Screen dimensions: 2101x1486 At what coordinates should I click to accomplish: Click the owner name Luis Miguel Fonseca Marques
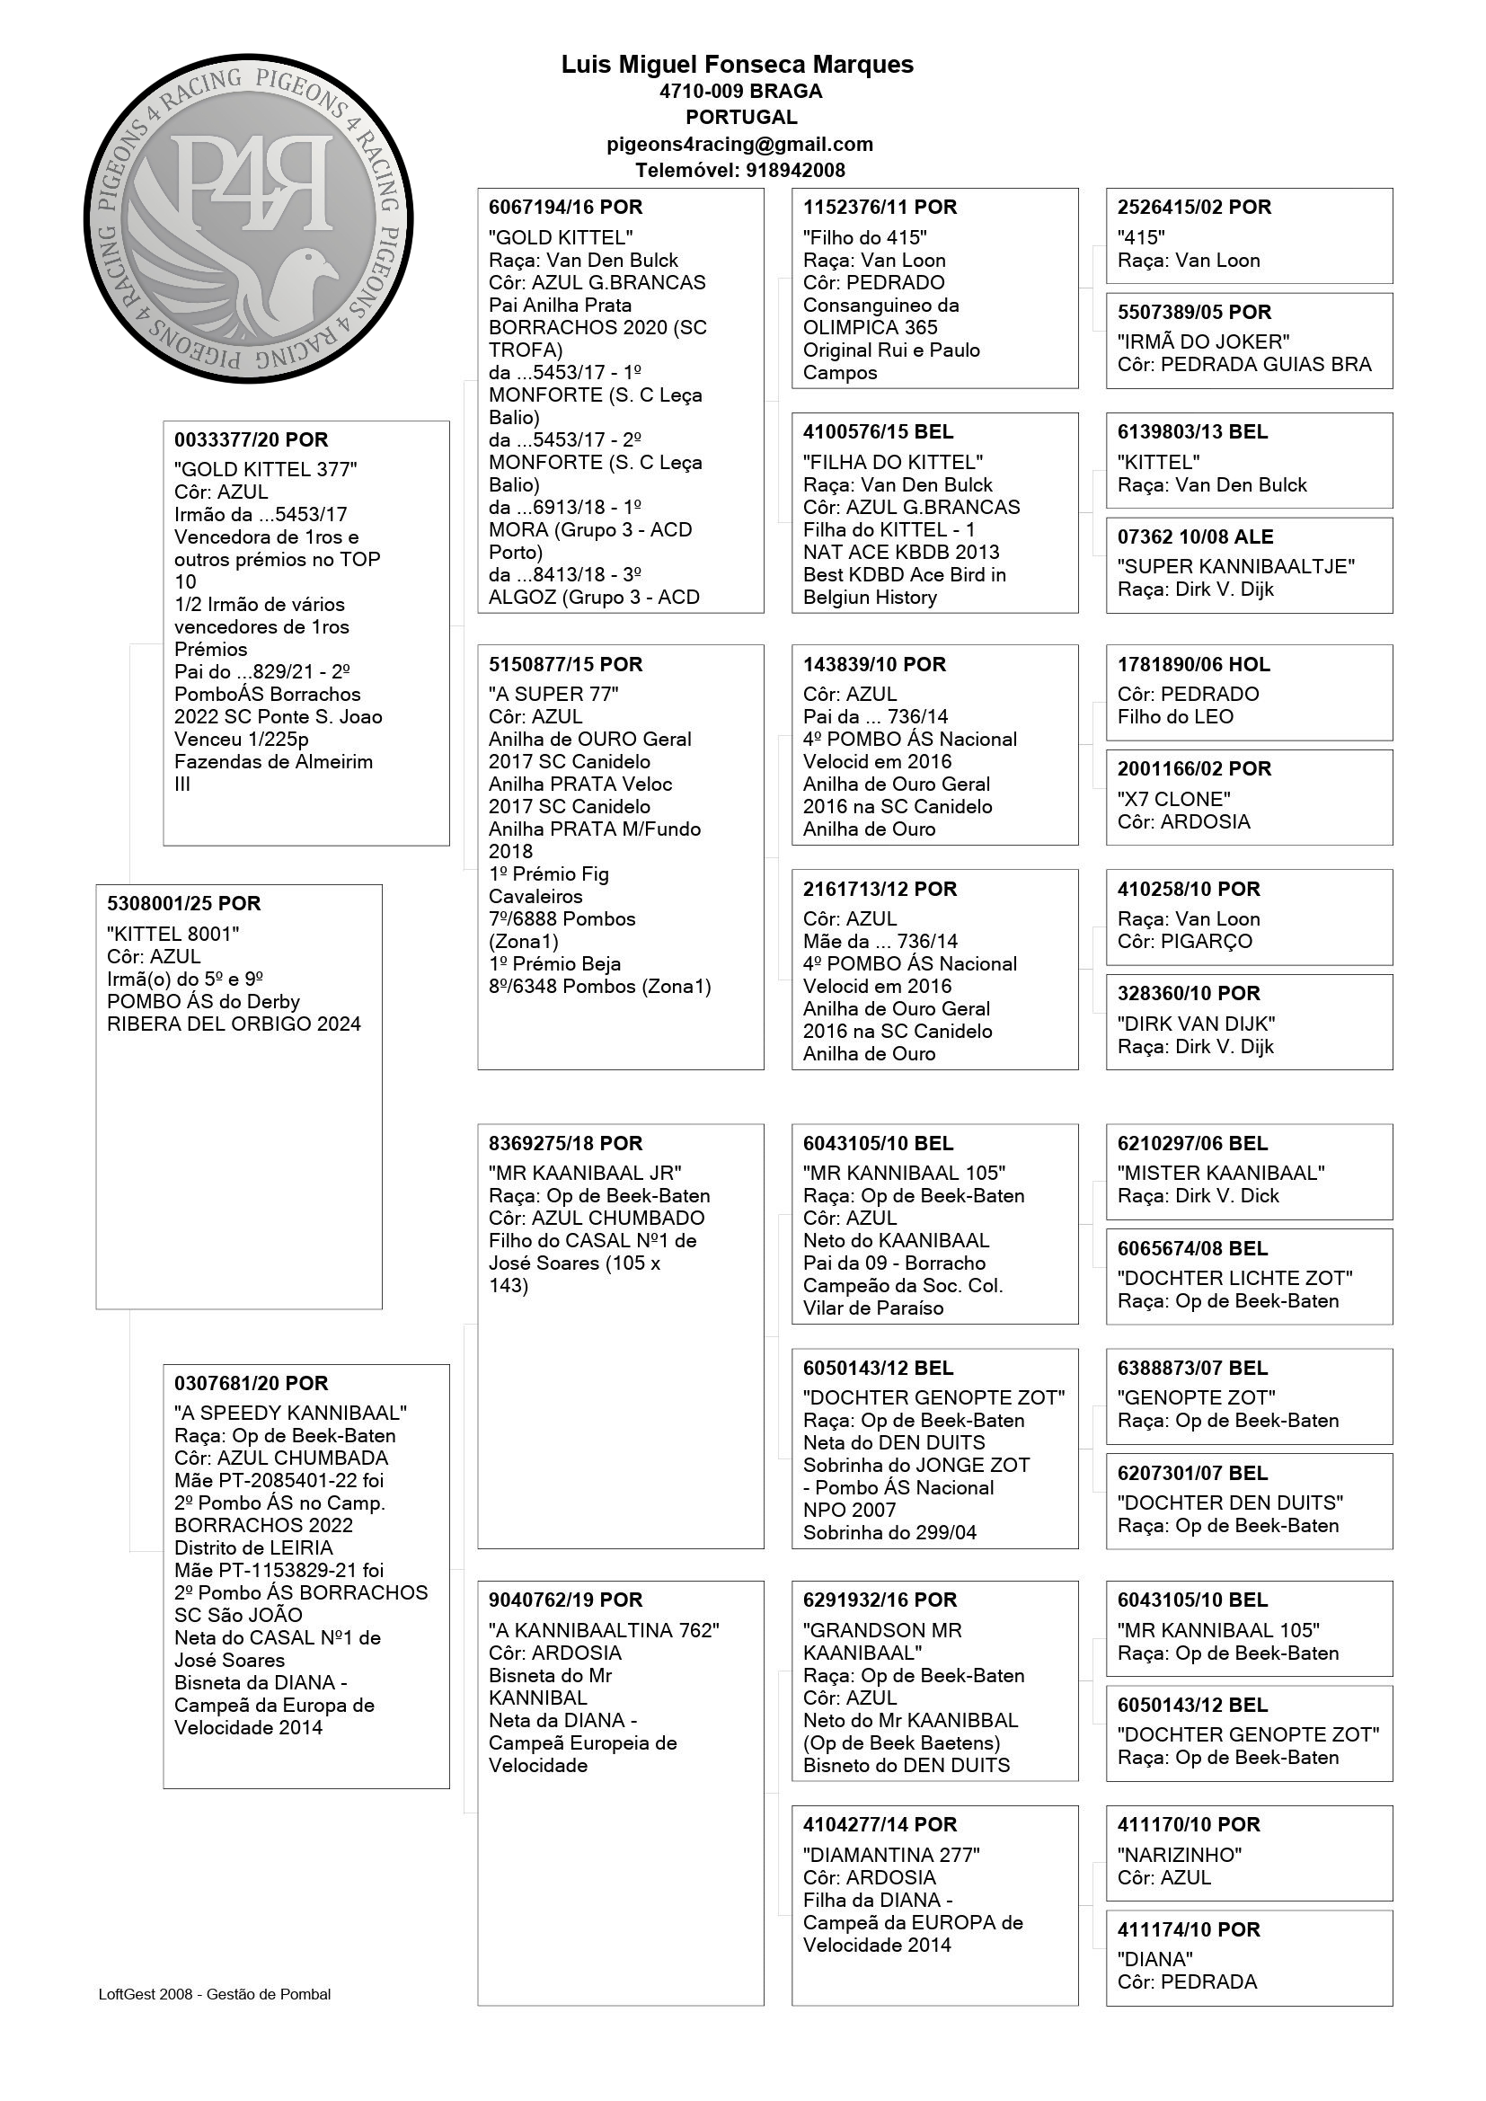click(737, 65)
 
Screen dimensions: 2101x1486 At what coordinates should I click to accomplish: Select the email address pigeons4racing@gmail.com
click(739, 144)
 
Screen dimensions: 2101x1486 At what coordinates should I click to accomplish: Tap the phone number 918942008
click(795, 170)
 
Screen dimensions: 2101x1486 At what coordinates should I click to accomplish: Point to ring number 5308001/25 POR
click(184, 904)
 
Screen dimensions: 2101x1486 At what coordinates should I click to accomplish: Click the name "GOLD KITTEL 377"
click(265, 469)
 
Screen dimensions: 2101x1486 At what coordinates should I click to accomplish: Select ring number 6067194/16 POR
click(565, 208)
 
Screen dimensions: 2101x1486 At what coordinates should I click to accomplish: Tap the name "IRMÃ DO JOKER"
click(1203, 342)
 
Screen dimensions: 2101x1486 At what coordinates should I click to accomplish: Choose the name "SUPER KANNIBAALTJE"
click(1235, 566)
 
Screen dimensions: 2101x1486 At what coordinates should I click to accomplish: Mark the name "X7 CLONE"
click(1174, 799)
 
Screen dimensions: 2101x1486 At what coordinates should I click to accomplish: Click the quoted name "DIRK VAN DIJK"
click(1196, 1024)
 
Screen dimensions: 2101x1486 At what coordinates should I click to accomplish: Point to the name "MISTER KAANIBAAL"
click(1221, 1173)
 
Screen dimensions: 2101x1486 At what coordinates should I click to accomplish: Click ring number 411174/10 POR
click(1189, 1930)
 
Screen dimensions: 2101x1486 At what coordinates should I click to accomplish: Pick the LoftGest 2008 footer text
click(215, 1994)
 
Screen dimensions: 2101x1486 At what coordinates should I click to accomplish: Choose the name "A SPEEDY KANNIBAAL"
click(290, 1413)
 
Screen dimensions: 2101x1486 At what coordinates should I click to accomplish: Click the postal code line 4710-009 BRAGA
click(740, 92)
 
